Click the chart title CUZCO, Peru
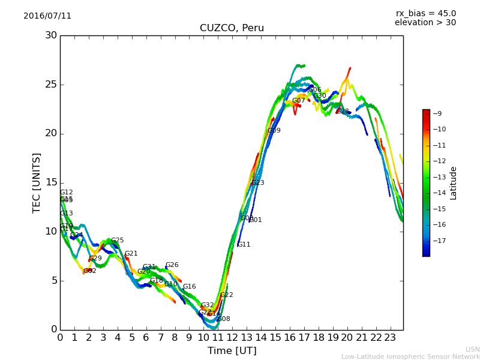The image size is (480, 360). coord(232,28)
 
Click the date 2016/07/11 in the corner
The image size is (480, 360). coord(47,16)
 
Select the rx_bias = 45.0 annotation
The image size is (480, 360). coord(425,13)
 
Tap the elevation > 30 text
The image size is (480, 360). coord(425,23)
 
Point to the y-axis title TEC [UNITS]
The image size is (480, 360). coord(37,182)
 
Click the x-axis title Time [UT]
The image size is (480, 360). coord(232,351)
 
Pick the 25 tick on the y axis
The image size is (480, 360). coord(51,85)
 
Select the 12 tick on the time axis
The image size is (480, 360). coord(232,337)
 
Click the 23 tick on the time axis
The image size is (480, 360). coord(390,337)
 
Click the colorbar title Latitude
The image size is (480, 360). coord(454,183)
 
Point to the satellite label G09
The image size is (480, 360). coord(274,131)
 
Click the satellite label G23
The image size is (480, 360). coord(257,183)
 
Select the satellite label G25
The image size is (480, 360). coord(117,241)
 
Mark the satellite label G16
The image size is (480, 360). coord(189,287)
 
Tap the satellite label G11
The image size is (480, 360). coord(244,245)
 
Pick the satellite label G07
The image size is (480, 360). coord(299,101)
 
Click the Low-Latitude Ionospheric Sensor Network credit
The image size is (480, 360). coord(410,357)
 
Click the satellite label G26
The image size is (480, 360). coord(172,265)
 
